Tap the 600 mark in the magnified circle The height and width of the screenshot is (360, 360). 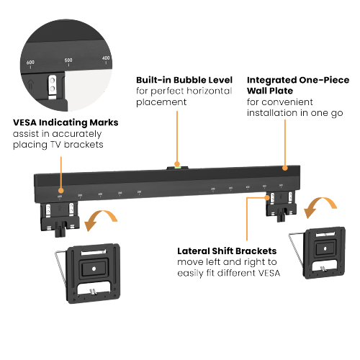[31, 62]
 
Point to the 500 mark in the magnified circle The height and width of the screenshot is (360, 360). [68, 60]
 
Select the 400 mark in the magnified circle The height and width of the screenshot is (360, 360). [106, 58]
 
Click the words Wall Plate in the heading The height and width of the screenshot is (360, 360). [269, 91]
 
